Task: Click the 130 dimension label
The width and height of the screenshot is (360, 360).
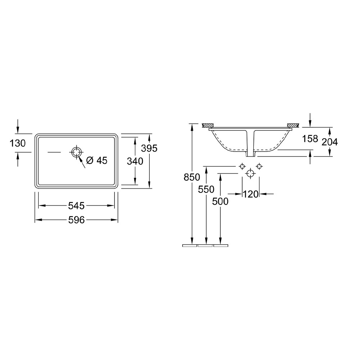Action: point(18,143)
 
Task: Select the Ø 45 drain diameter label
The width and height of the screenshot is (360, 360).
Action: point(97,161)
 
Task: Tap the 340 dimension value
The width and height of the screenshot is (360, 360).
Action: point(135,161)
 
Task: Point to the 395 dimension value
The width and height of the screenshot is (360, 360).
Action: point(149,148)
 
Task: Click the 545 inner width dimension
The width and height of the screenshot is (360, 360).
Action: point(76,206)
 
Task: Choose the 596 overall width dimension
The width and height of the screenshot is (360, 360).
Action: point(76,220)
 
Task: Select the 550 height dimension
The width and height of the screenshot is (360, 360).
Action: point(206,189)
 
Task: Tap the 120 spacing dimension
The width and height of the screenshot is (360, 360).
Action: point(251,194)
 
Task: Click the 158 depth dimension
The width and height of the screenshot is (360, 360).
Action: point(310,139)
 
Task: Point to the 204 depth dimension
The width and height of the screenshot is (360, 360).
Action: point(330,142)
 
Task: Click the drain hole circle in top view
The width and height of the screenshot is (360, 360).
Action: point(76,152)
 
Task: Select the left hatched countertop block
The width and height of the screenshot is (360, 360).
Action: point(208,125)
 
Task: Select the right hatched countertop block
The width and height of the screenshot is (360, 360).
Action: point(292,125)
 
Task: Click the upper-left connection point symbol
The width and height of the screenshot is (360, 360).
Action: point(242,166)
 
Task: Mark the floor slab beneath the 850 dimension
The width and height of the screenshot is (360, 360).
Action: point(190,246)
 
